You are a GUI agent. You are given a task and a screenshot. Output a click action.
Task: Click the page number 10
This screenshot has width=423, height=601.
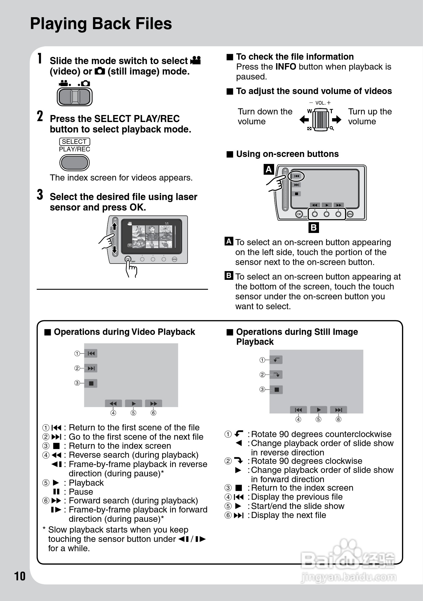tap(20, 576)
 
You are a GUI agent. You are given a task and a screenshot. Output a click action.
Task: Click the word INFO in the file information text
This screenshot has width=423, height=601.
tap(285, 67)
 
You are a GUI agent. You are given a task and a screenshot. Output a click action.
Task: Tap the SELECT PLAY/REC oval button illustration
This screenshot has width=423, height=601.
tap(74, 162)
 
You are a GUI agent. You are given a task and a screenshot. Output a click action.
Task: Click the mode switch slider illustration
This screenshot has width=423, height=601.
tap(75, 97)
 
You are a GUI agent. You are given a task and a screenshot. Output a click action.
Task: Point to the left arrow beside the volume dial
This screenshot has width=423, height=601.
tap(304, 119)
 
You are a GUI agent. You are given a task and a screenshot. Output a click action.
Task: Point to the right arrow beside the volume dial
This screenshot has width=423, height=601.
tap(337, 119)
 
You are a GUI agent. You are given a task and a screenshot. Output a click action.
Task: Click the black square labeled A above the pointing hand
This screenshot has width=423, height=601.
tap(269, 169)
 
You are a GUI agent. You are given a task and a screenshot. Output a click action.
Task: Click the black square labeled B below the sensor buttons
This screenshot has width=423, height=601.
tap(313, 227)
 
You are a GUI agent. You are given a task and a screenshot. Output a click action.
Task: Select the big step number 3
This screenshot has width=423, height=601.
tap(40, 195)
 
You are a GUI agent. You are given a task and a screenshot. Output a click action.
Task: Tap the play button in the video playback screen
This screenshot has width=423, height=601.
tap(133, 404)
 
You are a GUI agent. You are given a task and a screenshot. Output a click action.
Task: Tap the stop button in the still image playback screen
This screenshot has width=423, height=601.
tap(276, 390)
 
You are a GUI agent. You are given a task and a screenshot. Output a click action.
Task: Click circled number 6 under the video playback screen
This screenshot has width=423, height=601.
tap(154, 413)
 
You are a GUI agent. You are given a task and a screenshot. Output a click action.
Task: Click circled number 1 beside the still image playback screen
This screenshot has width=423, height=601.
tap(262, 360)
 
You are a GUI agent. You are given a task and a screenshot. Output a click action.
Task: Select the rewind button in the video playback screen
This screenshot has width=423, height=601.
tap(113, 404)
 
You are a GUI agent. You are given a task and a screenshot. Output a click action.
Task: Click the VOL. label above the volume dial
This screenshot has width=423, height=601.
tap(320, 103)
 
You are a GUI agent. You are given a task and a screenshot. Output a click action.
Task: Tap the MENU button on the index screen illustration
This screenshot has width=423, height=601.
tap(175, 259)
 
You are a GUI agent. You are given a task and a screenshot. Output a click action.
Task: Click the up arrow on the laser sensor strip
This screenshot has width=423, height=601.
tap(114, 226)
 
